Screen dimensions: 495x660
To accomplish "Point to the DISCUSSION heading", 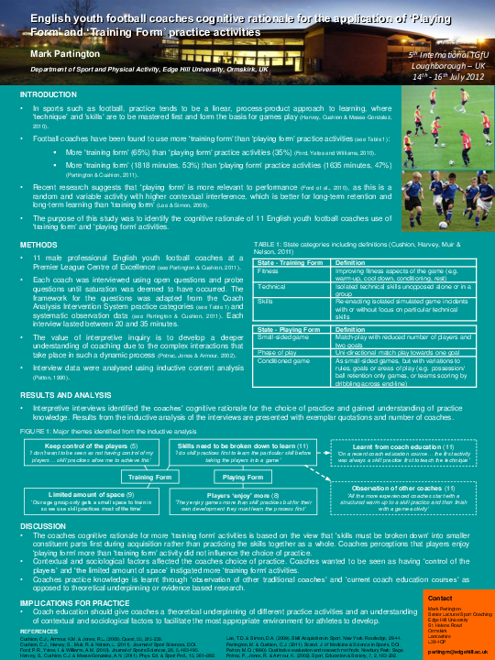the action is [43, 526].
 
